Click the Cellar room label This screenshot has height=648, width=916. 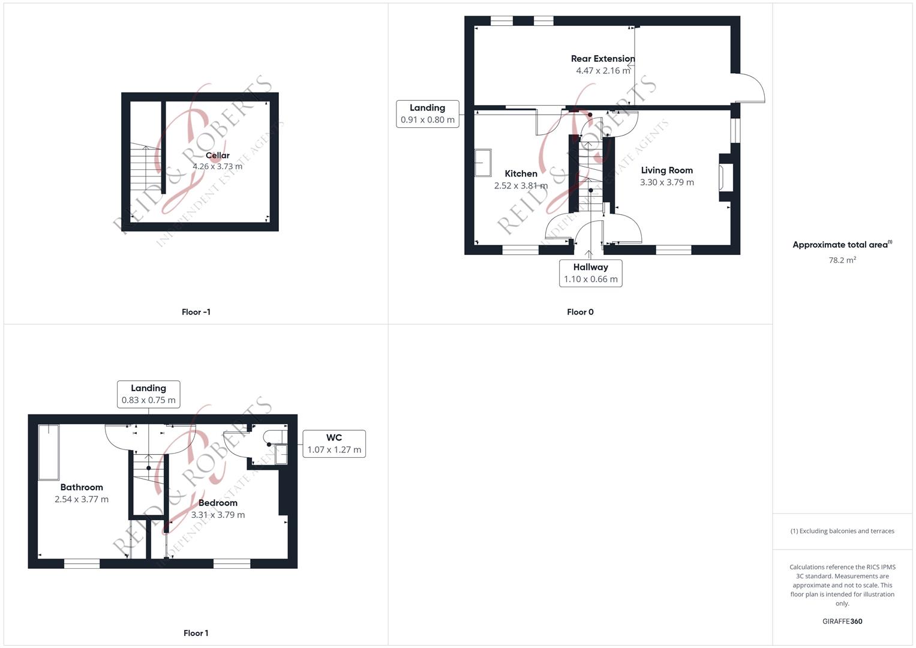218,155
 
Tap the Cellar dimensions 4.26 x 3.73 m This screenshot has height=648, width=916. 218,167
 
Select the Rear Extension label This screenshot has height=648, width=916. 603,59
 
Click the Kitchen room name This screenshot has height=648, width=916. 521,173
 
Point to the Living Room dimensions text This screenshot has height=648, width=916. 667,182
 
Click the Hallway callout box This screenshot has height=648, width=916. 590,273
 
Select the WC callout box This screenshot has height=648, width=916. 334,443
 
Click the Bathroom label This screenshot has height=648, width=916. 82,487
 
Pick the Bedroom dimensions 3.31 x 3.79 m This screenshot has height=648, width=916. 218,515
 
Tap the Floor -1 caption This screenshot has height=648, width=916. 196,312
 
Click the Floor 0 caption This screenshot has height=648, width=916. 580,312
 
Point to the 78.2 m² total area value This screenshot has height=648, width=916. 842,260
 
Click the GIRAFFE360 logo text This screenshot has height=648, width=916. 842,621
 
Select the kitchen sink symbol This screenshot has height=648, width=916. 483,163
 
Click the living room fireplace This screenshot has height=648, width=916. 725,177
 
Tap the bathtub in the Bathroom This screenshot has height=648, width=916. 49,452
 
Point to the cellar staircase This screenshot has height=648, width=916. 146,166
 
